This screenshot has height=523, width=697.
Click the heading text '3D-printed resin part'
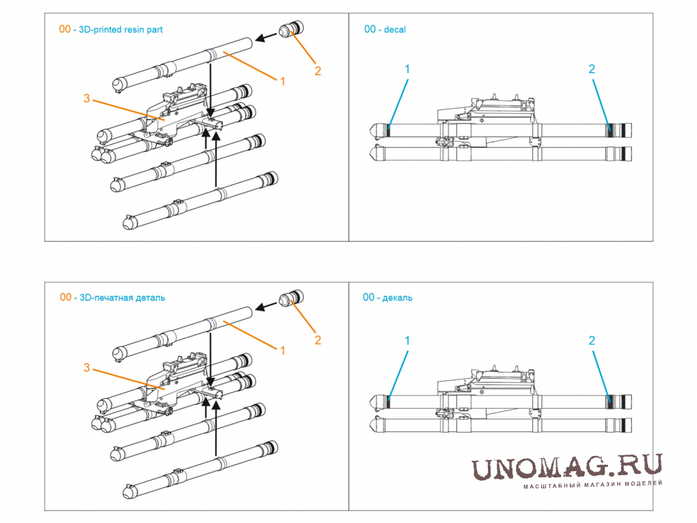(x=120, y=30)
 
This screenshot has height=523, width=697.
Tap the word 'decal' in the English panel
(x=395, y=30)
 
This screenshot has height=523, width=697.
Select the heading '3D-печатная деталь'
(x=122, y=297)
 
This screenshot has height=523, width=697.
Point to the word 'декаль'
(x=397, y=297)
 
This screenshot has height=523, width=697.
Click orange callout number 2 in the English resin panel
(x=318, y=70)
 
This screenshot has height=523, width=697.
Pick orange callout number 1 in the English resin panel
(x=282, y=81)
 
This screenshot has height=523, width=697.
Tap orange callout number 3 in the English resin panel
(x=87, y=98)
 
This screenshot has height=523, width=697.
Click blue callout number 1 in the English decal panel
(x=407, y=69)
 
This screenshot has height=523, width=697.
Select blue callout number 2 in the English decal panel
(x=592, y=69)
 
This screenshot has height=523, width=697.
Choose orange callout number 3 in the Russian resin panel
(x=87, y=368)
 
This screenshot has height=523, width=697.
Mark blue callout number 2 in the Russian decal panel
(x=592, y=340)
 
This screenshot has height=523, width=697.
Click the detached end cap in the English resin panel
(x=291, y=29)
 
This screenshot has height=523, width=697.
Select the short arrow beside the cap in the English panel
(x=266, y=37)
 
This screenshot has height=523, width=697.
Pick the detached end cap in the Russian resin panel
(x=291, y=297)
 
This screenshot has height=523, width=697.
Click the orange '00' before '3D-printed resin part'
(x=65, y=29)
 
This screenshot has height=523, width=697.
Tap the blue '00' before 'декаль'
(x=369, y=297)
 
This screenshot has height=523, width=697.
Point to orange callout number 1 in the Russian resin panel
(x=282, y=351)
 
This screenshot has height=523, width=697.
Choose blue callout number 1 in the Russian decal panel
(x=407, y=340)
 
